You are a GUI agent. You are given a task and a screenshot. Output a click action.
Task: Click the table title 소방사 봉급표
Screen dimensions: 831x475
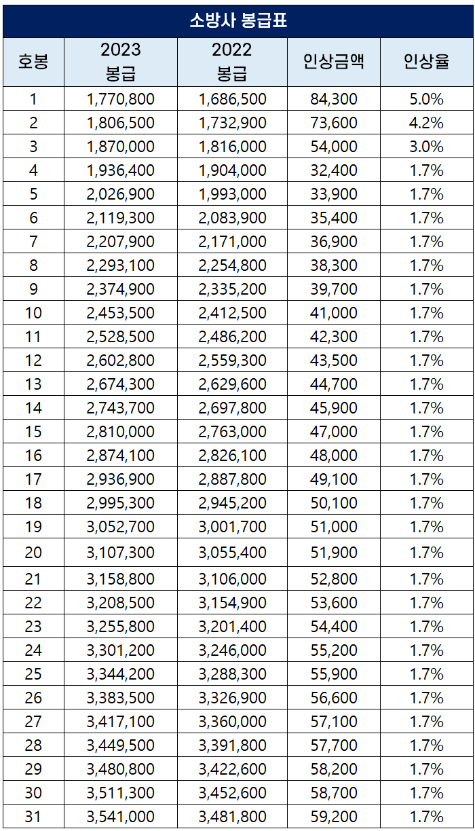tap(237, 20)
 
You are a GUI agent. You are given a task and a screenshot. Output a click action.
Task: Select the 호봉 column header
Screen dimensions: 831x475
tap(33, 62)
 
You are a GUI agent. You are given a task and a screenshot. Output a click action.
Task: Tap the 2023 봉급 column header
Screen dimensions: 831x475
tap(121, 62)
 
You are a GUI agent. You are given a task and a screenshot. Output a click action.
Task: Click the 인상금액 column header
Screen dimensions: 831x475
tap(333, 62)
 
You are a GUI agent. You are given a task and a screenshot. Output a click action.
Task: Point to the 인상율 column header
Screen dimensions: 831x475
tap(426, 62)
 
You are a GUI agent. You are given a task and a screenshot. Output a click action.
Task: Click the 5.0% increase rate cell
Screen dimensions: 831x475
tap(426, 99)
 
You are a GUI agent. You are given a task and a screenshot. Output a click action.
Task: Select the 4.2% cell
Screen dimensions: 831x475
tap(426, 123)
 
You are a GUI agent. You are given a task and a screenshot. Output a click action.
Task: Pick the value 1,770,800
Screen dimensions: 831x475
tap(121, 99)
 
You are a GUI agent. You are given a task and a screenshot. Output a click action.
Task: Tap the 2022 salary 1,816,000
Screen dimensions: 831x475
tap(232, 147)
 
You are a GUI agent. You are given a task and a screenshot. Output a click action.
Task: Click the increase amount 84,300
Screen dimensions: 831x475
tap(333, 99)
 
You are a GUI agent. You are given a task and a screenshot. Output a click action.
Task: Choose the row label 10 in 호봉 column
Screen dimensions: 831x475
tap(33, 313)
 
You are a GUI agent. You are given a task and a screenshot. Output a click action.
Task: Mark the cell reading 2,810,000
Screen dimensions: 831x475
tap(121, 432)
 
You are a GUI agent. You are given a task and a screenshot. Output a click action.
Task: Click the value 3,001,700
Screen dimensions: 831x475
tap(232, 527)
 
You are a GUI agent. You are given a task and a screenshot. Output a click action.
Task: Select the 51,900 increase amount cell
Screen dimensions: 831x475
tap(333, 553)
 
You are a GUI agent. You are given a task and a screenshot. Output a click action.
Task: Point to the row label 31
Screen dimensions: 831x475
tap(33, 817)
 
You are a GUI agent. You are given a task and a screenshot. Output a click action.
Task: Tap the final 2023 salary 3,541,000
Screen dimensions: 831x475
tap(121, 817)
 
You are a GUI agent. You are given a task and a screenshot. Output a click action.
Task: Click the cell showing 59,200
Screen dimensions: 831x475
tap(333, 817)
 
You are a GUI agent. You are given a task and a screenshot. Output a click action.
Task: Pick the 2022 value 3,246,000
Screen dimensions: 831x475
tap(232, 650)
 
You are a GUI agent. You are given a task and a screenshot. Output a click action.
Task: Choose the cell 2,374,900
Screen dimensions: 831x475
tap(121, 289)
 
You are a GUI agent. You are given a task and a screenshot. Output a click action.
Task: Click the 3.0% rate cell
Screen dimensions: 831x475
tap(426, 147)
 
